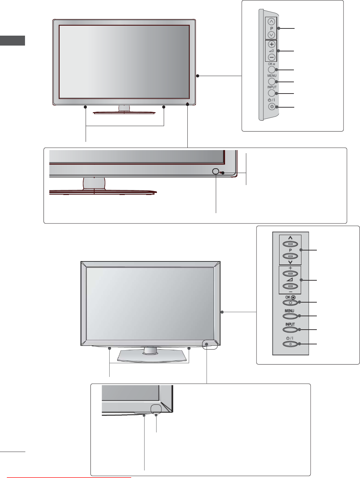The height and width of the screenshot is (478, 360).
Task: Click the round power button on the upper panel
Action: pyautogui.click(x=272, y=107)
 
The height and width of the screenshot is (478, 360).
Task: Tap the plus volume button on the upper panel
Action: pyautogui.click(x=272, y=44)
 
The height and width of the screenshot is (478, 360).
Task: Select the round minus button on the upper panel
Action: pyautogui.click(x=272, y=57)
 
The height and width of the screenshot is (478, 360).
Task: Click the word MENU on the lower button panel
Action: pyautogui.click(x=289, y=311)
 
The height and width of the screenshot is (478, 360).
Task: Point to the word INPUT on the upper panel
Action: pyautogui.click(x=272, y=87)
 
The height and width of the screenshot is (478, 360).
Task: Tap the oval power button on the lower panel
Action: pyautogui.click(x=290, y=344)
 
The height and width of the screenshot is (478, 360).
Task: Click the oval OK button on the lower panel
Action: pyautogui.click(x=290, y=303)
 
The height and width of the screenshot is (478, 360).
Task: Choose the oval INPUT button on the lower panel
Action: pyautogui.click(x=290, y=330)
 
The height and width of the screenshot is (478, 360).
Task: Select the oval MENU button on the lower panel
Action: pyautogui.click(x=290, y=316)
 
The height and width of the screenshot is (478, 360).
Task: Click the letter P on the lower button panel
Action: pyautogui.click(x=290, y=250)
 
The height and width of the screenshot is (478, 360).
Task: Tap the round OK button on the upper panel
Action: pyautogui.click(x=272, y=70)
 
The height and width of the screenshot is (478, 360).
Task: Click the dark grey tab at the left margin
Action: pyautogui.click(x=12, y=40)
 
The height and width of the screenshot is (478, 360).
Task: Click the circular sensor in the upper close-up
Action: pyautogui.click(x=215, y=171)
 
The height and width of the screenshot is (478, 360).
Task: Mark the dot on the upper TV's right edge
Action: pyautogui.click(x=198, y=76)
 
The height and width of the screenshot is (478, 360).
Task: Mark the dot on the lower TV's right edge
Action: pyautogui.click(x=222, y=312)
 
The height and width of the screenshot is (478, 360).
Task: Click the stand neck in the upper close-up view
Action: pyautogui.click(x=94, y=183)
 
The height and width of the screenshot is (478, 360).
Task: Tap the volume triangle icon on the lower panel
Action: pyautogui.click(x=290, y=280)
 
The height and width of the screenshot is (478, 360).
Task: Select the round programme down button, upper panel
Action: pyautogui.click(x=272, y=35)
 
